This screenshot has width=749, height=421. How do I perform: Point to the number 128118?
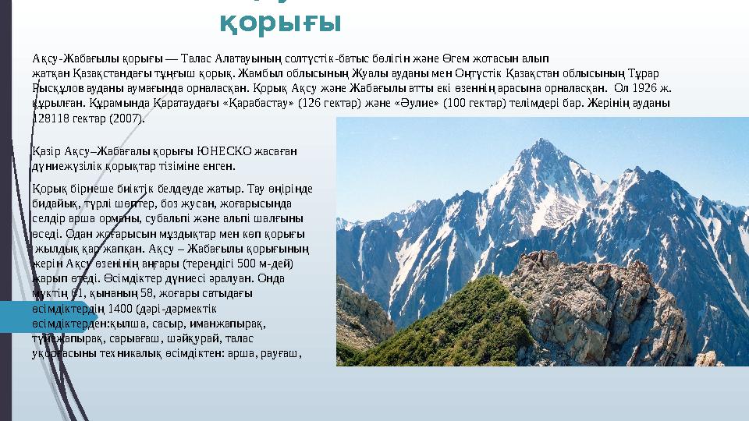(50, 119)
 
